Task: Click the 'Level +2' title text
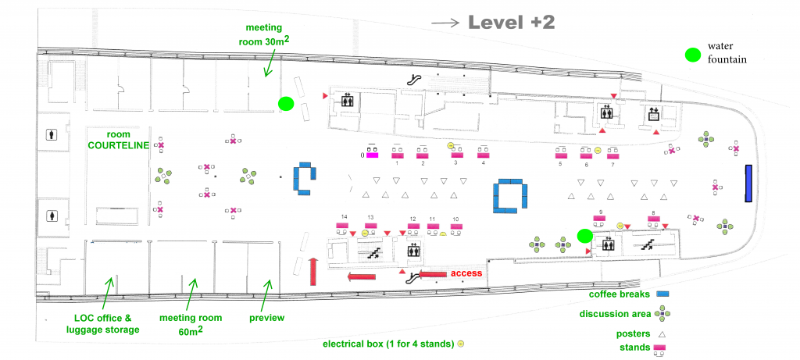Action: (511, 23)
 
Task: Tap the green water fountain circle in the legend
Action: (692, 55)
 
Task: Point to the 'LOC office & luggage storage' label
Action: (106, 324)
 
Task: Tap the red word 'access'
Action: (467, 273)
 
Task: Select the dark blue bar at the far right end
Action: (748, 184)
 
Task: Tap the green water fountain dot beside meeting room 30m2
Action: (286, 103)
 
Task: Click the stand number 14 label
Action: (344, 216)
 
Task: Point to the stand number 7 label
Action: (612, 165)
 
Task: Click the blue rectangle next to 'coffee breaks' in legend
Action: (664, 294)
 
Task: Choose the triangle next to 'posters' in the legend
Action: (662, 333)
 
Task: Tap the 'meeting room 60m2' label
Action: (191, 324)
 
